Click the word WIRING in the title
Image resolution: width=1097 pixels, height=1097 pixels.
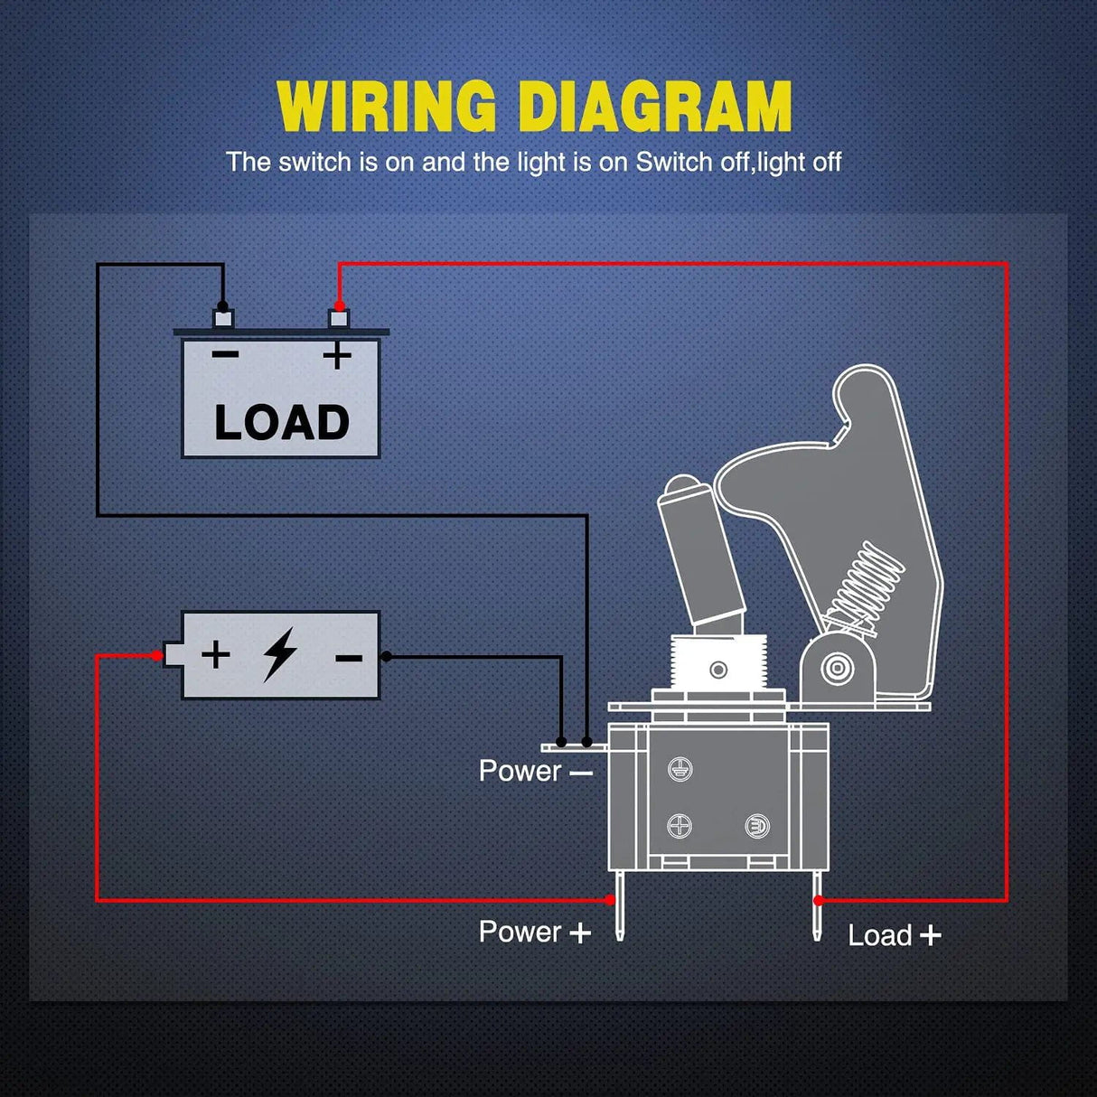click(x=387, y=108)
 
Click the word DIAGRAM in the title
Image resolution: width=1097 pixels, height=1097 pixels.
click(x=655, y=108)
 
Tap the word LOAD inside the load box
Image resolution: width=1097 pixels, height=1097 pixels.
click(x=281, y=423)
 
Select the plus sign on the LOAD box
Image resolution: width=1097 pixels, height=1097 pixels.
click(x=337, y=355)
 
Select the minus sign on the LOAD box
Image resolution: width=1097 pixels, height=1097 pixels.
click(x=225, y=354)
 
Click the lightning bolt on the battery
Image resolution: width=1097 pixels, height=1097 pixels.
click(x=280, y=654)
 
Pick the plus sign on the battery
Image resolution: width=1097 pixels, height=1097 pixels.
click(x=215, y=653)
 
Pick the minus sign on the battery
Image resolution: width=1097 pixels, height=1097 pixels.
click(x=349, y=658)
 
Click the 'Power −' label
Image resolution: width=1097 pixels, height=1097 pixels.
click(x=535, y=771)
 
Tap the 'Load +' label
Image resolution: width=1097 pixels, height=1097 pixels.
click(x=894, y=935)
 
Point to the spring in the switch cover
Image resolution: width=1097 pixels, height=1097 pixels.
click(x=867, y=583)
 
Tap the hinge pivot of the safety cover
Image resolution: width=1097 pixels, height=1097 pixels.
click(x=838, y=669)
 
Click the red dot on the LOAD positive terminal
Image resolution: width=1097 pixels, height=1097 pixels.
click(x=339, y=306)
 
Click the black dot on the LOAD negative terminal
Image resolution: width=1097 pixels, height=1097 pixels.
click(x=222, y=307)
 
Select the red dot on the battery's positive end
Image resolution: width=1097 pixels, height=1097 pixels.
click(x=158, y=655)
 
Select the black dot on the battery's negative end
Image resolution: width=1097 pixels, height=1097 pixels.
click(x=387, y=656)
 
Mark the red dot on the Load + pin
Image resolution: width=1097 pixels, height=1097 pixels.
click(x=818, y=900)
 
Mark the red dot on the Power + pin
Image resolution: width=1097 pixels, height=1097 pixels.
click(x=611, y=900)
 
